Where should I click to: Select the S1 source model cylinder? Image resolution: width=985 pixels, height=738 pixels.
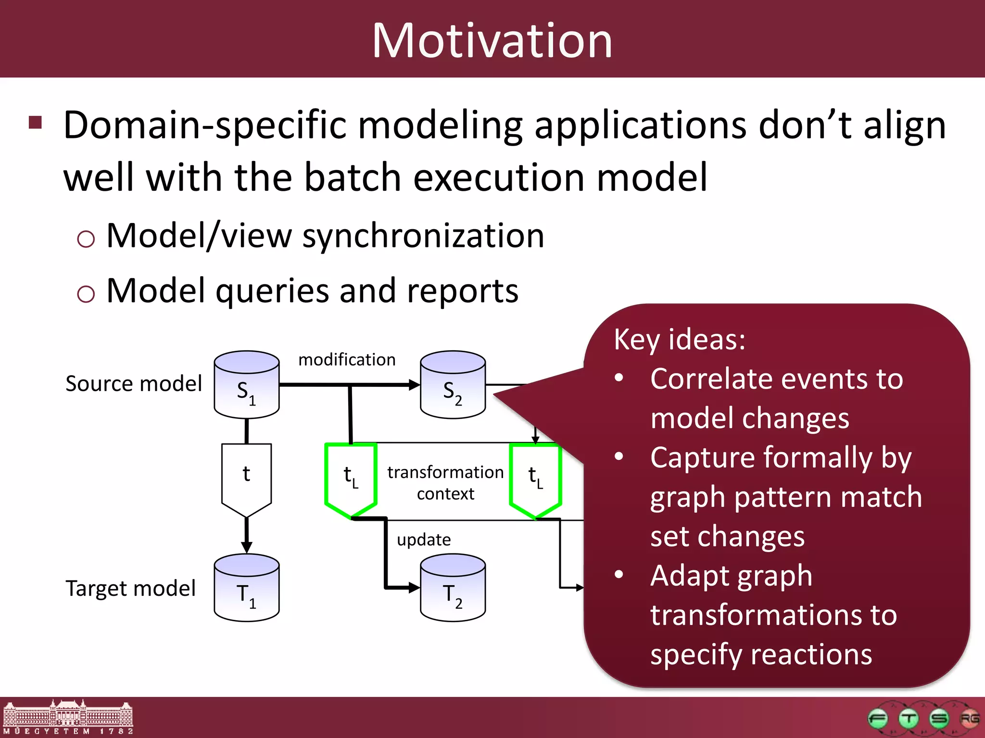click(246, 385)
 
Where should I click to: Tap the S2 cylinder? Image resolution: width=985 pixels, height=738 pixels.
click(453, 385)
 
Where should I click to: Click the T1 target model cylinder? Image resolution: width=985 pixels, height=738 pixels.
click(246, 588)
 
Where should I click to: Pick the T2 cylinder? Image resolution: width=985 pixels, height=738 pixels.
click(453, 588)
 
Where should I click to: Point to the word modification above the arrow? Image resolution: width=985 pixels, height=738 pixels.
click(347, 360)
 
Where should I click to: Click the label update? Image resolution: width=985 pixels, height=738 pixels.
click(423, 540)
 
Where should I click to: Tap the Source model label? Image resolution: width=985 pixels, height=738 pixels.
click(134, 384)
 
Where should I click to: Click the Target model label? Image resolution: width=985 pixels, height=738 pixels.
click(130, 589)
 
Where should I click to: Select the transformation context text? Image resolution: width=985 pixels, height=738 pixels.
click(445, 482)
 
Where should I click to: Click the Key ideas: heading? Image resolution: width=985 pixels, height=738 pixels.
click(679, 340)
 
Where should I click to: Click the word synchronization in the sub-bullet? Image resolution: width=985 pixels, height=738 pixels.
click(423, 236)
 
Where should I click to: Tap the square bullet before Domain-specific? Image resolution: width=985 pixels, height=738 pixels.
click(36, 123)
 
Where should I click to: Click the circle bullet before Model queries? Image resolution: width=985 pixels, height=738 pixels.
click(86, 293)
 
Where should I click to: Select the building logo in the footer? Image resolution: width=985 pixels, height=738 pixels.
click(68, 717)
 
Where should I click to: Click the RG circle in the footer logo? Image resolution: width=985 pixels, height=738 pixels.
click(969, 719)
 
